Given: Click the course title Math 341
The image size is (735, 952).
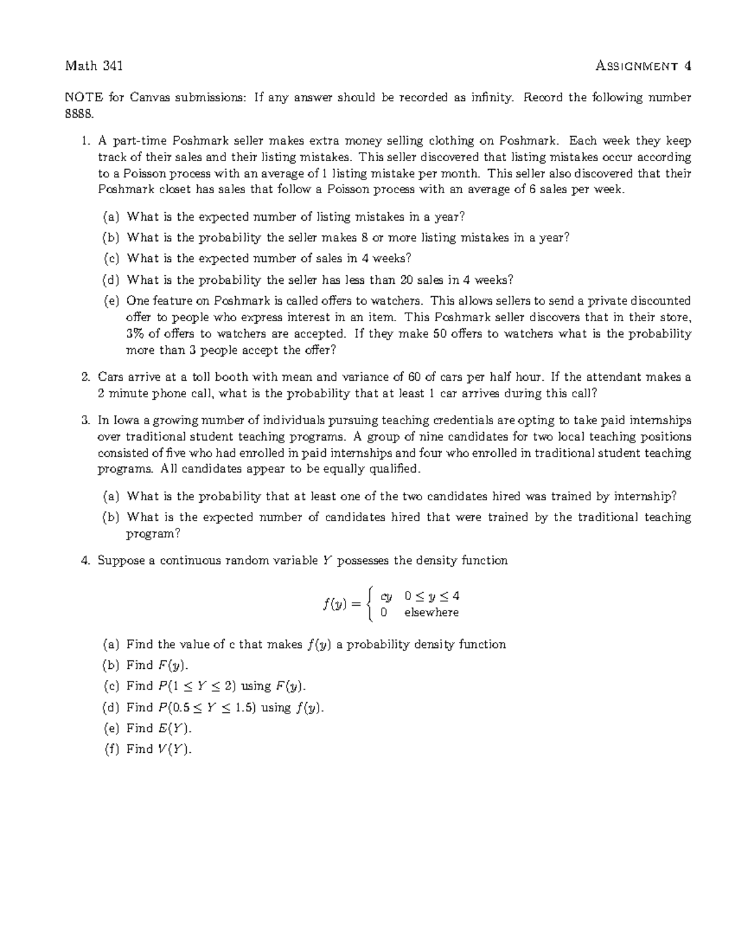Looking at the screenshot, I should click(94, 66).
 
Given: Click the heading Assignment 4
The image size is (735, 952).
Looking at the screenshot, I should click(643, 66).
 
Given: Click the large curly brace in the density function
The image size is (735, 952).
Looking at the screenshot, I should click(368, 604).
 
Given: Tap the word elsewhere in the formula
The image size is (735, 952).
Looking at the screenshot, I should click(431, 612).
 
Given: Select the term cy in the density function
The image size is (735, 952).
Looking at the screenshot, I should click(386, 596).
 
